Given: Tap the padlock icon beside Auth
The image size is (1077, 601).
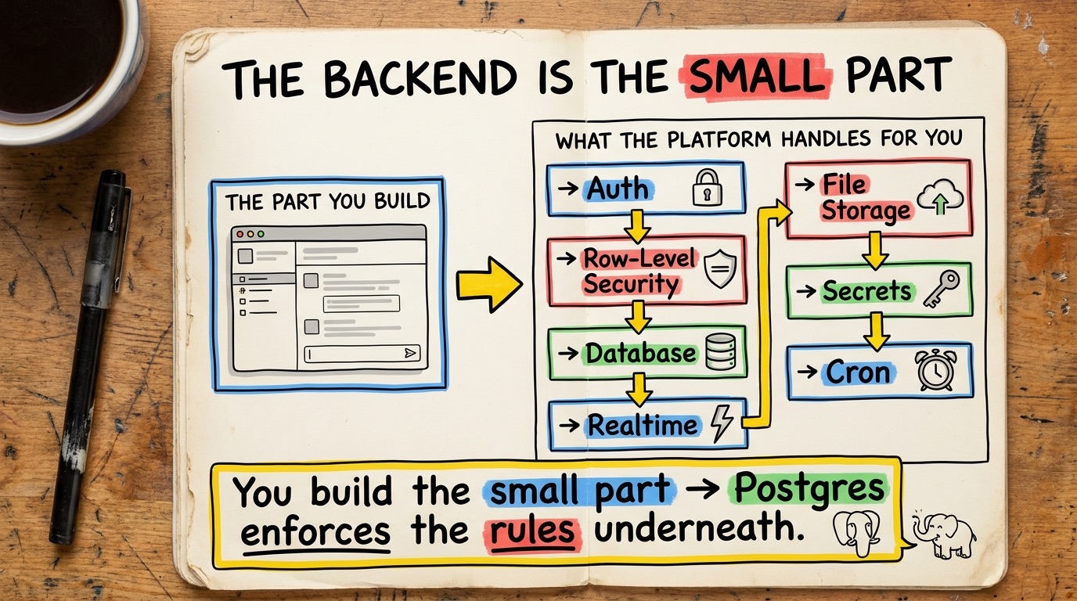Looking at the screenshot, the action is (x=707, y=188).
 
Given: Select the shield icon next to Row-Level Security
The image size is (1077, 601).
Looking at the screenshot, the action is (x=720, y=268).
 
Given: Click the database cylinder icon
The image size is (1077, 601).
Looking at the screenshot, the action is (x=721, y=352).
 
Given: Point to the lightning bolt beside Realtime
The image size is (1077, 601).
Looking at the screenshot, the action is (x=722, y=423).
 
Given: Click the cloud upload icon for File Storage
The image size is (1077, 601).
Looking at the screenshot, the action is (x=940, y=196).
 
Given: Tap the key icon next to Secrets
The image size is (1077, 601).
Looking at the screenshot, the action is (x=941, y=289).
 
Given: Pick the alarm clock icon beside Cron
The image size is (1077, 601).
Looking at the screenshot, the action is (x=935, y=369).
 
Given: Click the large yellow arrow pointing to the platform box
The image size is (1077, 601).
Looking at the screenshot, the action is (x=489, y=285).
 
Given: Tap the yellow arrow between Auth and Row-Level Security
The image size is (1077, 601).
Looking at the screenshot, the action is (x=638, y=226).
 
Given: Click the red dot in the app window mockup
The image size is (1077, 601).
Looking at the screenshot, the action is (x=240, y=234).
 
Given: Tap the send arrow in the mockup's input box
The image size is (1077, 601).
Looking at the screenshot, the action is (x=409, y=354).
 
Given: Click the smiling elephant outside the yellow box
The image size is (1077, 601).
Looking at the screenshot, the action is (x=944, y=534).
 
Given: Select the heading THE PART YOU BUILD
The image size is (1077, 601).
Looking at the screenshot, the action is (x=327, y=202).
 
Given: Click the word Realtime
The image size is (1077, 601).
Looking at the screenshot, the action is (x=643, y=426).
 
